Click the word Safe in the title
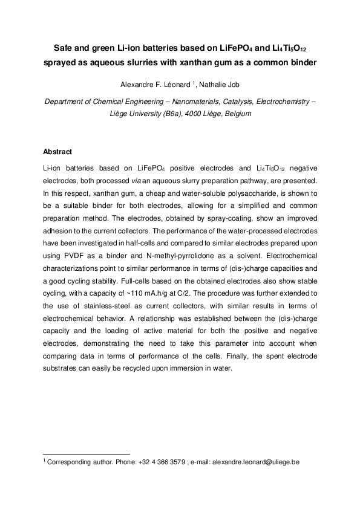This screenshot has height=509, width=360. [65, 48]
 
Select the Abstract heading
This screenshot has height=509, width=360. [57, 152]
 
